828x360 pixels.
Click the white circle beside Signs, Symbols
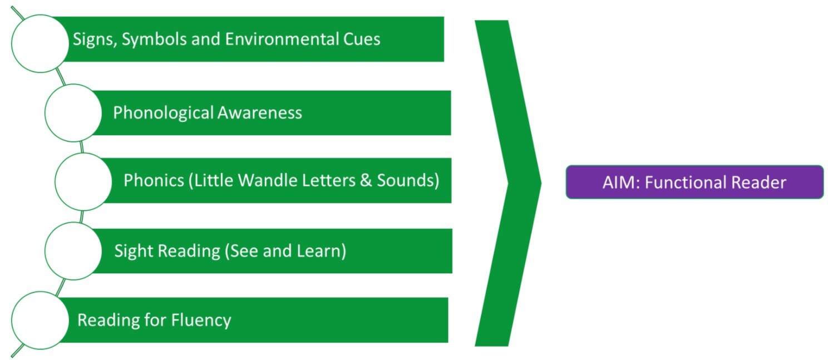(40, 43)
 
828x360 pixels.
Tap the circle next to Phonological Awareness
(73, 113)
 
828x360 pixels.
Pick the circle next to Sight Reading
(73, 251)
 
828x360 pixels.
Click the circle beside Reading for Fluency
(40, 320)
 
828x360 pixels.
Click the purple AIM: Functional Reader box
(694, 182)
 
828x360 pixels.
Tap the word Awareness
(259, 113)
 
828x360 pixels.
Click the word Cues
(361, 40)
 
